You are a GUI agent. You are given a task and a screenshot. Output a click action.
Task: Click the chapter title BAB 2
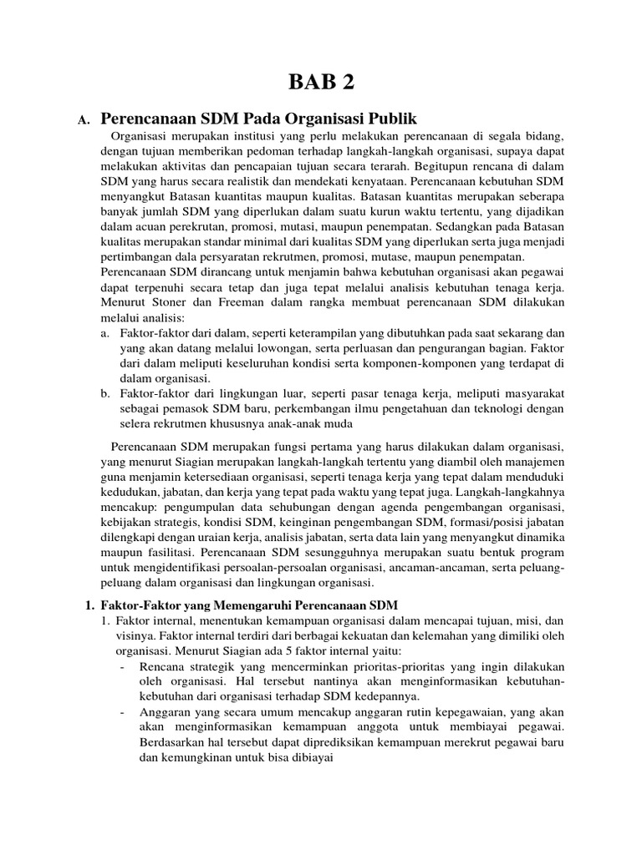click(320, 81)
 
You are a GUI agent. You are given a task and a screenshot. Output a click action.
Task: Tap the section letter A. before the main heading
click(83, 120)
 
